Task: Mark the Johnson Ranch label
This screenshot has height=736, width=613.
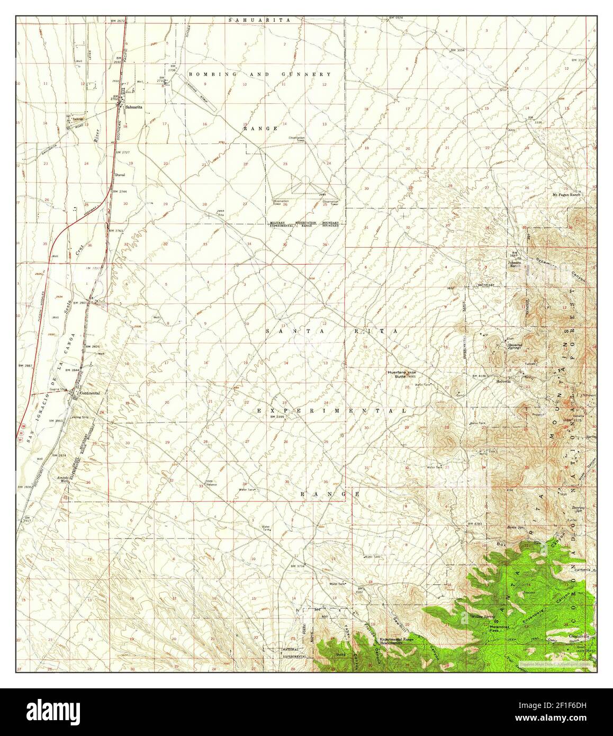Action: [516, 263]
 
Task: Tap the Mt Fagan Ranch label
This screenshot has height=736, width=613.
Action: [566, 195]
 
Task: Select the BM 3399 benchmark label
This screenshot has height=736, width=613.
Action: [277, 417]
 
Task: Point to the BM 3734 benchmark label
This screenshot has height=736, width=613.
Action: [299, 566]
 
